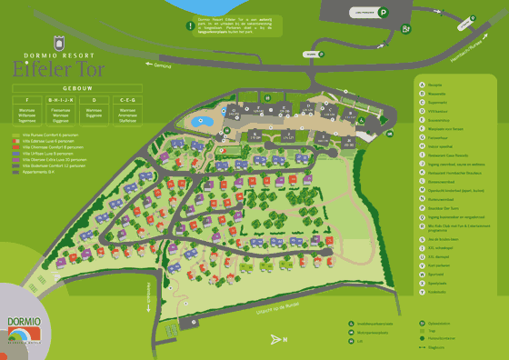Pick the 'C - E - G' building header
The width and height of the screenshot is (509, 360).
tap(126, 100)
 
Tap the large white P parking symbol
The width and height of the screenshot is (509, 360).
tap(384, 13)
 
